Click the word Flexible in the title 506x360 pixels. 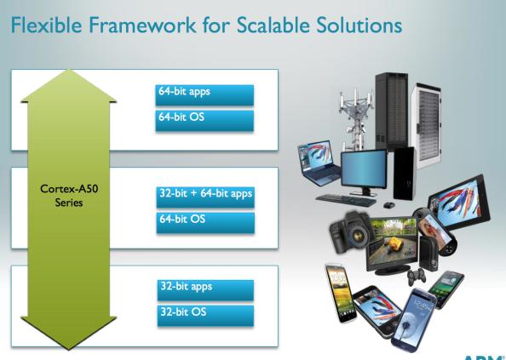(47, 25)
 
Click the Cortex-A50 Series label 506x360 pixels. (69, 195)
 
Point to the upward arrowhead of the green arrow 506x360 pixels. (68, 85)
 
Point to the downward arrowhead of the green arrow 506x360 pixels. (68, 333)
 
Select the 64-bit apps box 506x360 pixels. (204, 95)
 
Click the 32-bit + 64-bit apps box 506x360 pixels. (205, 197)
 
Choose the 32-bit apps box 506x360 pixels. (205, 290)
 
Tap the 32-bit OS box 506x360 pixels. (205, 316)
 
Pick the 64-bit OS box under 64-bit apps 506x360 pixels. (204, 121)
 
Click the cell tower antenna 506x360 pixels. (356, 119)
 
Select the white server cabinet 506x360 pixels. (427, 126)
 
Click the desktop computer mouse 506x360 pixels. (389, 205)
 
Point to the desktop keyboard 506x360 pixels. (346, 200)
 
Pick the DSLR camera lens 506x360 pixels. (358, 236)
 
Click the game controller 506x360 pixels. (416, 277)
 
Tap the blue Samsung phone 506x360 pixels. (414, 320)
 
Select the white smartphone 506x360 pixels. (341, 293)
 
